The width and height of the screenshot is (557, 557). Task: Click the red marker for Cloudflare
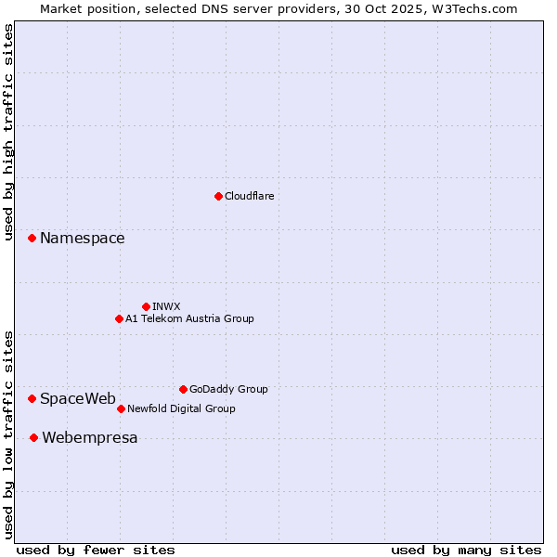pyautogui.click(x=218, y=196)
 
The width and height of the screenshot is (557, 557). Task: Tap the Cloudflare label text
pyautogui.click(x=249, y=196)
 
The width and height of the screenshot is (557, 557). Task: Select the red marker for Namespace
pyautogui.click(x=32, y=239)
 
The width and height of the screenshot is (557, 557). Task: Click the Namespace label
pyautogui.click(x=82, y=239)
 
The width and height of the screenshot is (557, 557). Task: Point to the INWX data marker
pyautogui.click(x=146, y=306)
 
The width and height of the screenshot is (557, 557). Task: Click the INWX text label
pyautogui.click(x=166, y=306)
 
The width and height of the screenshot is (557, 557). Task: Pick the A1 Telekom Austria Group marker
pyautogui.click(x=119, y=318)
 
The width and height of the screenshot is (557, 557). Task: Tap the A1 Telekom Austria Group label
pyautogui.click(x=189, y=318)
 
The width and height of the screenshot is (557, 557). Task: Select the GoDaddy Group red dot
pyautogui.click(x=183, y=389)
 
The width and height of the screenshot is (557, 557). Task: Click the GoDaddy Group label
pyautogui.click(x=228, y=389)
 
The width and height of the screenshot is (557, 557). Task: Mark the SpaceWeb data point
pyautogui.click(x=32, y=398)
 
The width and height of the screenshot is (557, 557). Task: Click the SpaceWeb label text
pyautogui.click(x=78, y=399)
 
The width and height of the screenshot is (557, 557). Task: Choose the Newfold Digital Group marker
pyautogui.click(x=121, y=408)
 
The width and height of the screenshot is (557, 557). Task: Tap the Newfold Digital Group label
pyautogui.click(x=181, y=408)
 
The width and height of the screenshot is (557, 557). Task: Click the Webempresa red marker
pyautogui.click(x=33, y=437)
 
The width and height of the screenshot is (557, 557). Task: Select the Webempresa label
pyautogui.click(x=89, y=438)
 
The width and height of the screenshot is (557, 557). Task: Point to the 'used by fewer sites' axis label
pyautogui.click(x=96, y=550)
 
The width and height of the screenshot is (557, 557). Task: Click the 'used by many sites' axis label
pyautogui.click(x=466, y=550)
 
